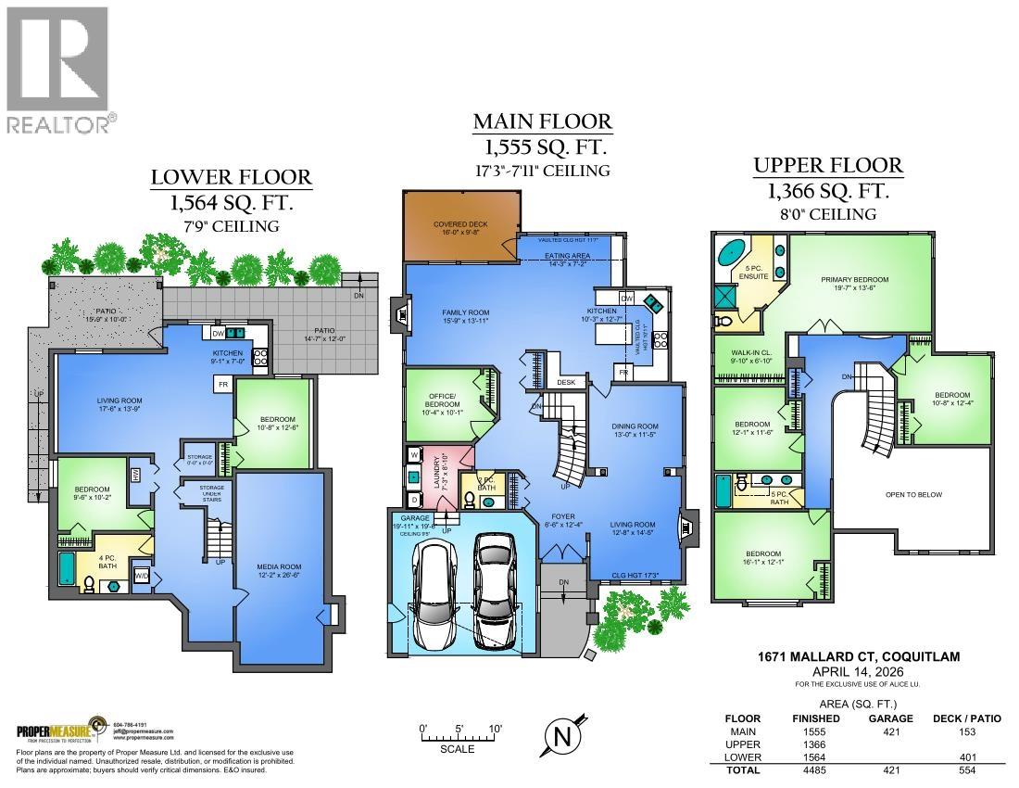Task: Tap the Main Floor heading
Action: coord(542,121)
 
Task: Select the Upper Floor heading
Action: coord(827,166)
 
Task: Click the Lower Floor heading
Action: coord(232,177)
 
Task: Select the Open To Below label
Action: coord(912,494)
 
